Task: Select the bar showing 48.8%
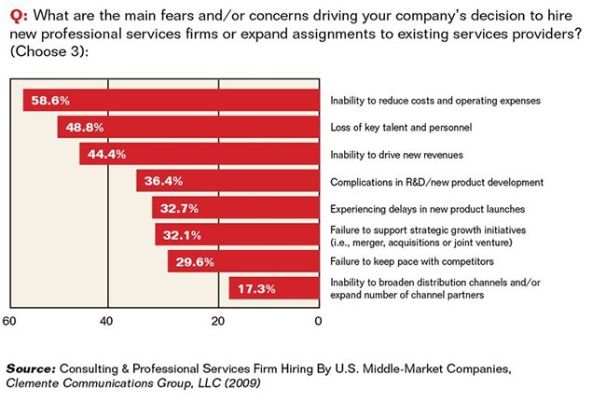[x=186, y=127]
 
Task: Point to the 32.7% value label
[x=181, y=207]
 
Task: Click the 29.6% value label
[x=195, y=261]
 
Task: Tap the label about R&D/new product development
[x=436, y=181]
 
